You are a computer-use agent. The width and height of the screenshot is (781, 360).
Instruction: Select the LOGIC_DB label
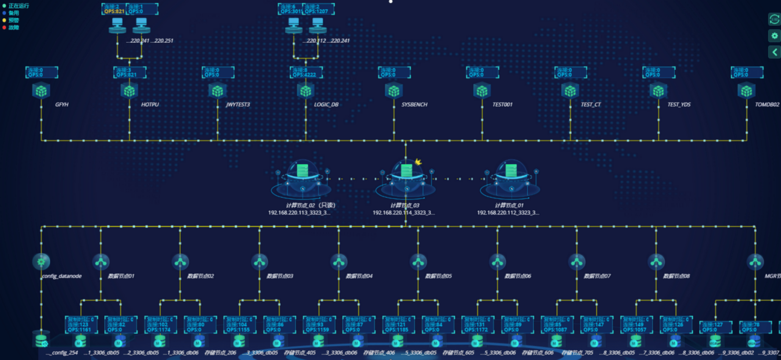pyautogui.click(x=326, y=105)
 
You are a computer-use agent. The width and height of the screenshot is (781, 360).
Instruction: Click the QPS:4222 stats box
pyautogui.click(x=306, y=72)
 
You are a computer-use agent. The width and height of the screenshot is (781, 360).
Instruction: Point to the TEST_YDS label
pyautogui.click(x=679, y=105)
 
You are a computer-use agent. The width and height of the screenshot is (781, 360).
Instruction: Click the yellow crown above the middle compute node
pyautogui.click(x=418, y=162)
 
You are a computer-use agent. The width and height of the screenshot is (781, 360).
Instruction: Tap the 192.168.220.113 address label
pyautogui.click(x=299, y=213)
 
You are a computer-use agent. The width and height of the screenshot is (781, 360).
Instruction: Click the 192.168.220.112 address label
pyautogui.click(x=508, y=213)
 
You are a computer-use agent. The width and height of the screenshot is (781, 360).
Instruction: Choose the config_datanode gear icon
pyautogui.click(x=41, y=261)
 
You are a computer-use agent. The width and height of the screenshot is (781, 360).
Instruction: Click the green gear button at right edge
pyautogui.click(x=774, y=36)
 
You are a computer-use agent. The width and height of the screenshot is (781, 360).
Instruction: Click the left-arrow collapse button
pyautogui.click(x=774, y=52)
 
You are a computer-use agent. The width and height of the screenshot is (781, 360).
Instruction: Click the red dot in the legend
pyautogui.click(x=4, y=27)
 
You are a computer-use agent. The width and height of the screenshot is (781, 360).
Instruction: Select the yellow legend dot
pyautogui.click(x=4, y=20)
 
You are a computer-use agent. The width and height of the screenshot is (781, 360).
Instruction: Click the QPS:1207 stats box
pyautogui.click(x=318, y=9)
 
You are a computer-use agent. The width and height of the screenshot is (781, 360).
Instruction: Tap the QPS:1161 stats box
pyautogui.click(x=81, y=325)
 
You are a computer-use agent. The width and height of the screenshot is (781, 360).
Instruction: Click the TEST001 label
pyautogui.click(x=502, y=105)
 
